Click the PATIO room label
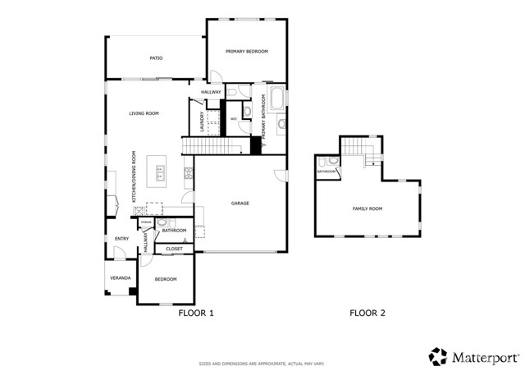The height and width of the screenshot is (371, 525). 155,58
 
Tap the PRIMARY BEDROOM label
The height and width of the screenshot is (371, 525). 247,52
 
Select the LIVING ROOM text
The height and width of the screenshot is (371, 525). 144,113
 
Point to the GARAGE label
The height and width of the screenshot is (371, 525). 240,203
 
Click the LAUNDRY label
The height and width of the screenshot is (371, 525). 201,122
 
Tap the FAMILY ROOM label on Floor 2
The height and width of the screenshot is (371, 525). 367,208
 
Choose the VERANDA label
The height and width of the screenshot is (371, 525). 121,277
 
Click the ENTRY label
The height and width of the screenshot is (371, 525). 121,239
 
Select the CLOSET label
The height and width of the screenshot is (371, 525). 174,249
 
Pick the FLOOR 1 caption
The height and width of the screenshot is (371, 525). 196,313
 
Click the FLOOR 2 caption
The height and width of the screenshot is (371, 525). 367,313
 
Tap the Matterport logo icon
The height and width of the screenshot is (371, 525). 438,356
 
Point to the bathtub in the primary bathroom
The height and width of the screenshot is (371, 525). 276,100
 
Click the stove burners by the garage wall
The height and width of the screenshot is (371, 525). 188,172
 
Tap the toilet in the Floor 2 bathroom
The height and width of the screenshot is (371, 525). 332,161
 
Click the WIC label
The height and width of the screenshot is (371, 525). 234,119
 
